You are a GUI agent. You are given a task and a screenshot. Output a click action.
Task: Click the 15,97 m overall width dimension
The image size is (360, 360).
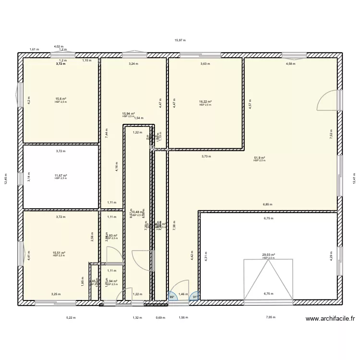click(x=180, y=40)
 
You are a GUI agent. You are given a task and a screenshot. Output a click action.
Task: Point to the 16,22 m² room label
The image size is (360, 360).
click(x=205, y=102)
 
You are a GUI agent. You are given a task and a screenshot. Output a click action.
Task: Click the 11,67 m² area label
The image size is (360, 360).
click(x=60, y=176)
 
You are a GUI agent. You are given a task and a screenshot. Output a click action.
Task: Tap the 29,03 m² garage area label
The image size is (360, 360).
click(x=268, y=255)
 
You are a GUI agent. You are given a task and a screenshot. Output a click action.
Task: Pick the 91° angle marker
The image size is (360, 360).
click(x=195, y=297)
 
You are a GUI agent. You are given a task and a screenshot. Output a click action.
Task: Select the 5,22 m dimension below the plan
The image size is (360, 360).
click(x=71, y=317)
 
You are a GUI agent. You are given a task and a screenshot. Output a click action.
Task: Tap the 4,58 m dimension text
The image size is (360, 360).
click(x=290, y=63)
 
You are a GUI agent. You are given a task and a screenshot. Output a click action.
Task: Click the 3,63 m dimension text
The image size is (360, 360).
click(x=204, y=63)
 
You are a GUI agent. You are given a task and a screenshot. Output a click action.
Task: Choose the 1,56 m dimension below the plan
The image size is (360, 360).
click(x=183, y=317)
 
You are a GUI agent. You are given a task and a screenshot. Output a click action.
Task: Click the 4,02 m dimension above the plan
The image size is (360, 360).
click(x=58, y=46)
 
